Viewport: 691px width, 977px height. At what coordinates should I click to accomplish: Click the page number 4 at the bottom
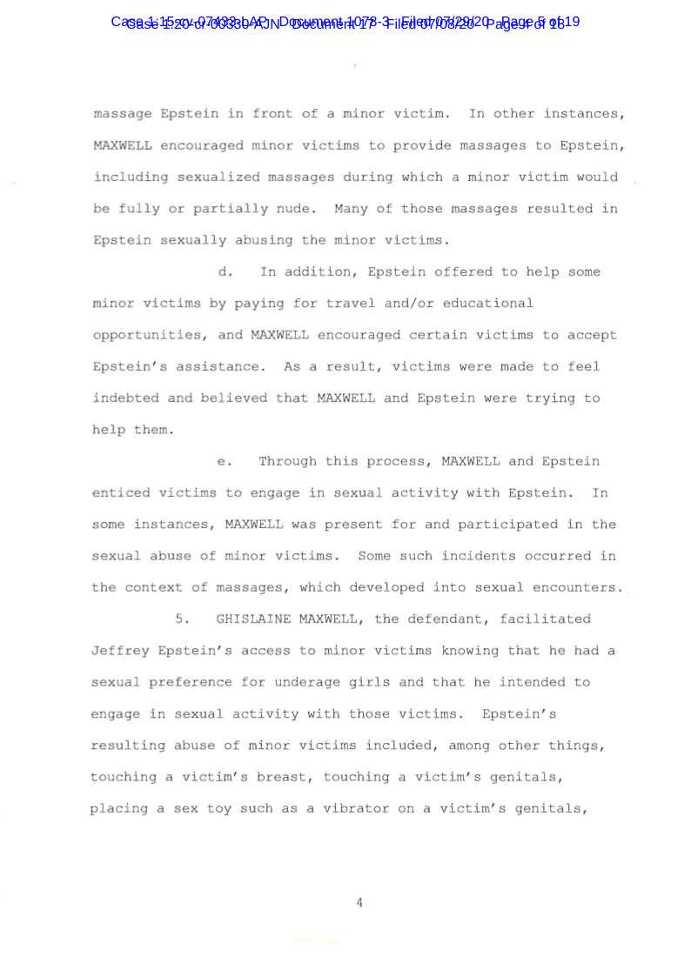(x=359, y=903)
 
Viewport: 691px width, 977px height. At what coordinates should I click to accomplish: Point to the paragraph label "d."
(x=225, y=272)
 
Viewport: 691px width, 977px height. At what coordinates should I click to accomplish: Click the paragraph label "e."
(x=225, y=461)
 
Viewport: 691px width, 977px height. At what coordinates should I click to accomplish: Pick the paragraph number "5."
(x=183, y=619)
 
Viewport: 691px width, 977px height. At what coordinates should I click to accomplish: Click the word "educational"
(x=487, y=304)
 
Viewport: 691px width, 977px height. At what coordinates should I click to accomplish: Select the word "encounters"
(x=579, y=588)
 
